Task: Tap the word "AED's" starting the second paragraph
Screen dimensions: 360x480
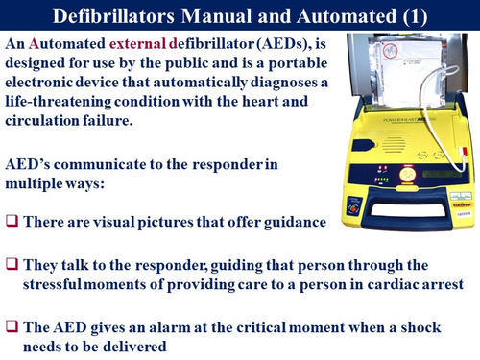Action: [x=30, y=164]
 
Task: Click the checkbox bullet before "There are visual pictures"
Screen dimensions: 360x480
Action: [x=12, y=223]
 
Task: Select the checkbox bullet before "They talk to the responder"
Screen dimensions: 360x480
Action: [x=12, y=264]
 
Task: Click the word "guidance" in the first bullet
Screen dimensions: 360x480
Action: [x=293, y=223]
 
